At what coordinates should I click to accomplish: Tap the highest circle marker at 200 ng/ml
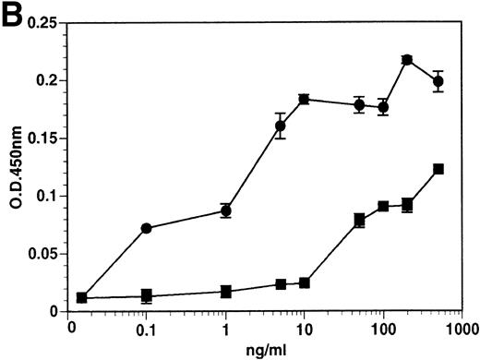pyautogui.click(x=407, y=60)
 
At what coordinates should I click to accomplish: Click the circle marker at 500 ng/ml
pyautogui.click(x=438, y=82)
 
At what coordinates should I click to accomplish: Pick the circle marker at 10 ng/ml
pyautogui.click(x=304, y=99)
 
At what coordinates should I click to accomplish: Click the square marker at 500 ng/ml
pyautogui.click(x=438, y=169)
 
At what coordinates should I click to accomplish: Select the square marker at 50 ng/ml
pyautogui.click(x=359, y=220)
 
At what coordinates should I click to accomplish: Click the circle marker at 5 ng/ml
pyautogui.click(x=281, y=126)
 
